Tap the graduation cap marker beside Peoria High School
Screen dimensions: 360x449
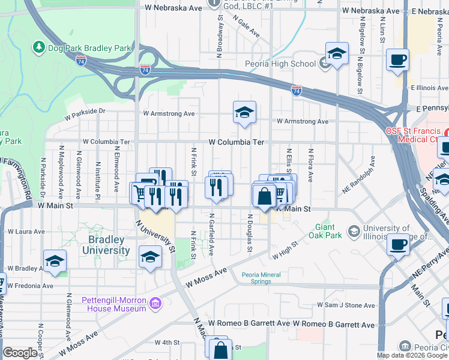(x=337, y=55)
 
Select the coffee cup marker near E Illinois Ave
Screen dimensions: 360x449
(x=397, y=61)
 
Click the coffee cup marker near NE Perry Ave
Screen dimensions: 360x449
(x=397, y=245)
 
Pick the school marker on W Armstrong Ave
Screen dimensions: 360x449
(x=244, y=112)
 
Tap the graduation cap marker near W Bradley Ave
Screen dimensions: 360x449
(x=55, y=262)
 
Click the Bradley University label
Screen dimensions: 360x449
(x=107, y=245)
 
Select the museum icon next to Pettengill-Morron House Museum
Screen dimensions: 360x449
(x=155, y=304)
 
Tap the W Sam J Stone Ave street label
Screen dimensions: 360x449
(x=346, y=305)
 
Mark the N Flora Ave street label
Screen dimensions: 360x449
(x=311, y=165)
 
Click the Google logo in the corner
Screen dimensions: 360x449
(x=20, y=353)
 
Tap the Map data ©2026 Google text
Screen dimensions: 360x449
(x=412, y=355)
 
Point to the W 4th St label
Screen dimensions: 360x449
(x=167, y=343)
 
